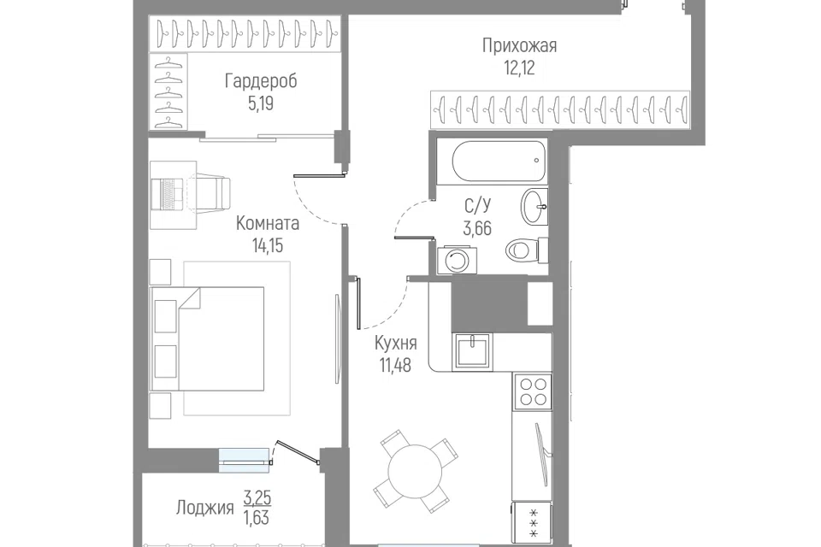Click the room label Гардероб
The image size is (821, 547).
(261, 81)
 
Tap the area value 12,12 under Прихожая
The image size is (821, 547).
(519, 68)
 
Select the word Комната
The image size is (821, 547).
(268, 223)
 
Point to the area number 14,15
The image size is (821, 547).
(268, 245)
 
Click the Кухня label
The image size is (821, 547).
(396, 344)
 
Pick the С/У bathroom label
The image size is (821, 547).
(477, 206)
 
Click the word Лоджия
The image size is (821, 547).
(204, 508)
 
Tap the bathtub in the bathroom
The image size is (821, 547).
(499, 161)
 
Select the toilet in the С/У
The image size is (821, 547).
(526, 250)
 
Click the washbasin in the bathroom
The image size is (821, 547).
(534, 207)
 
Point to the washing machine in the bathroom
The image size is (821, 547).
(457, 260)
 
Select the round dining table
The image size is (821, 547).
(415, 471)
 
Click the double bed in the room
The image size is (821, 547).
(206, 338)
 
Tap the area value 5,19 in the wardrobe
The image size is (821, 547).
(261, 103)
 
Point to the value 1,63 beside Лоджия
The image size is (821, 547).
(257, 517)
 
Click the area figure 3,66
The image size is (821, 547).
(477, 228)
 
